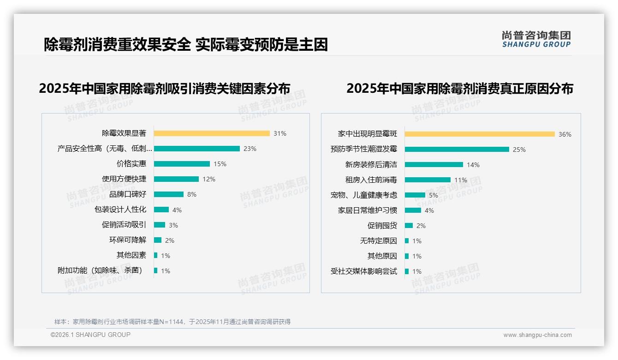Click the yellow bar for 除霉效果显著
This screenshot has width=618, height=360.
pos(212,133)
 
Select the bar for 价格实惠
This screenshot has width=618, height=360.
pos(182,164)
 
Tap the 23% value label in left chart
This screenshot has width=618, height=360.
pos(250,149)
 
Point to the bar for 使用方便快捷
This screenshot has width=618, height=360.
pos(176,179)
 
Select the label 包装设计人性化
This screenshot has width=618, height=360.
pos(120,210)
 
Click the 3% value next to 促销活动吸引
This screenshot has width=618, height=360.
pos(173,225)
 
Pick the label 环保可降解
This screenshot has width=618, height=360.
pos(127,240)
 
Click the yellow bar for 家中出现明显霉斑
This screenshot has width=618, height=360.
pos(480,134)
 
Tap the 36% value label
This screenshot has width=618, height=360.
pos(565,134)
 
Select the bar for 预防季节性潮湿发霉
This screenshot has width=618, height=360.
pos(457,149)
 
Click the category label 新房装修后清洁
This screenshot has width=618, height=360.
pos(371,164)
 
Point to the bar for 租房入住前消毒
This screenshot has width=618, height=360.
pos(428,180)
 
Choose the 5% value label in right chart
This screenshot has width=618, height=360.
pos(434,195)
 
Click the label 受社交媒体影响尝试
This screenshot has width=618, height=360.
pos(363,271)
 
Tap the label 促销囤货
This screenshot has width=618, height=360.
pos(382,226)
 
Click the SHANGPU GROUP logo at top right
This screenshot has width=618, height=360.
pos(536,39)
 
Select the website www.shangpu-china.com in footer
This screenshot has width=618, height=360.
pos(537,335)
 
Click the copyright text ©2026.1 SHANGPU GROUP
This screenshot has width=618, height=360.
pos(90,335)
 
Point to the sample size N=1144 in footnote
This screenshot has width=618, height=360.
pos(172,322)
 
